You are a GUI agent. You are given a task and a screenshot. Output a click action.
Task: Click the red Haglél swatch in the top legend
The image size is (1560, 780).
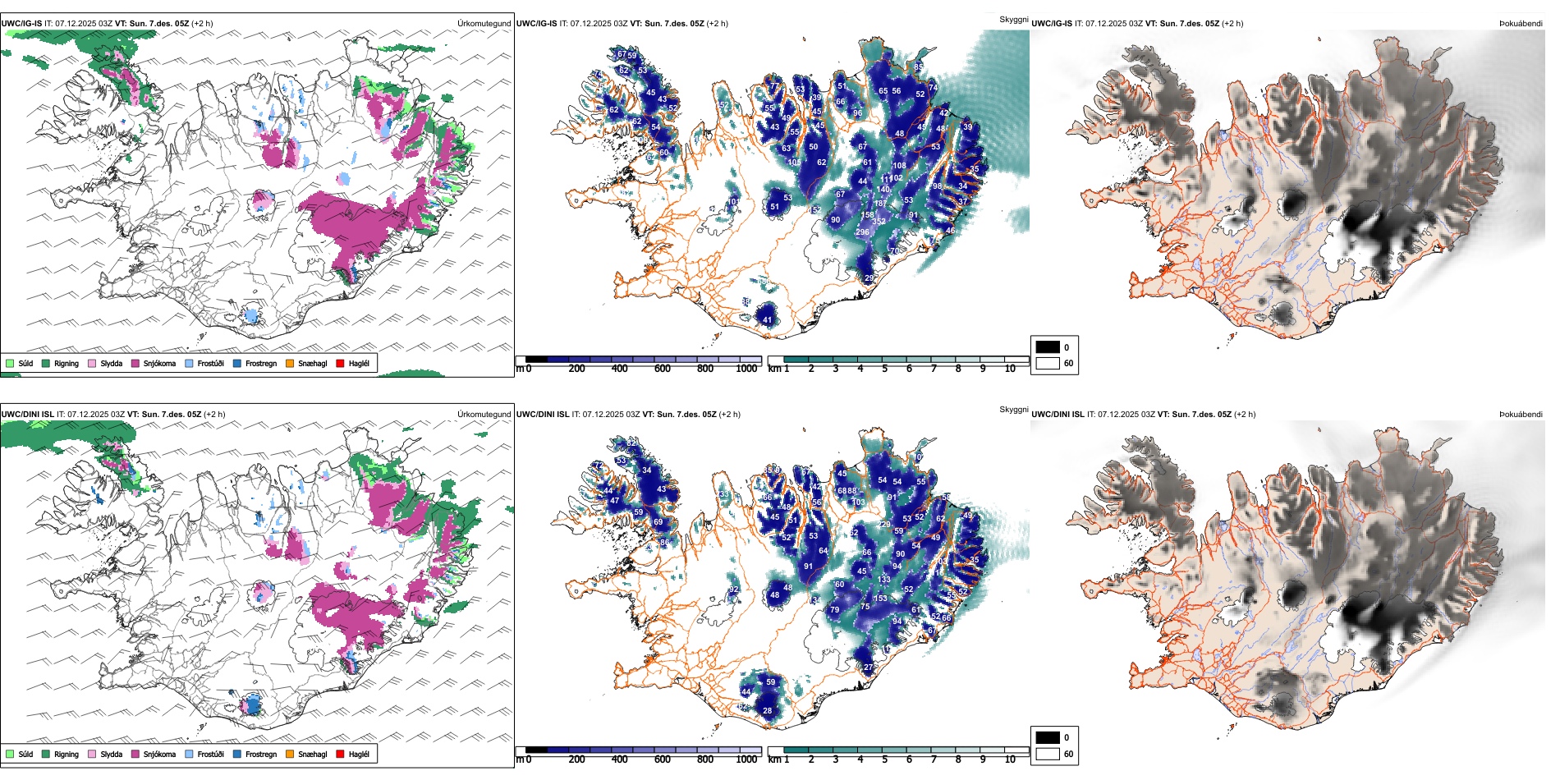[340, 363]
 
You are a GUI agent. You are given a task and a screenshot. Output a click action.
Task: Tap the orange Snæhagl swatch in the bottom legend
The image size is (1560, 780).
[290, 754]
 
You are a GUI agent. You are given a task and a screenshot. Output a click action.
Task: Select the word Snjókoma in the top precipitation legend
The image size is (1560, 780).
[159, 363]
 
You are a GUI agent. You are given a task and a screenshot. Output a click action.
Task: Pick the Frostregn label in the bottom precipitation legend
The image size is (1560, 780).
[260, 754]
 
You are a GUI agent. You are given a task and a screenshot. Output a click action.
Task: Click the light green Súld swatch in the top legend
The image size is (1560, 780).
[10, 363]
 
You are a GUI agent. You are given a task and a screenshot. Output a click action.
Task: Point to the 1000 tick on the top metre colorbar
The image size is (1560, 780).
[746, 369]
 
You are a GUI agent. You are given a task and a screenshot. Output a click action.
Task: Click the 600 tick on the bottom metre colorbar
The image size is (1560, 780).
[663, 759]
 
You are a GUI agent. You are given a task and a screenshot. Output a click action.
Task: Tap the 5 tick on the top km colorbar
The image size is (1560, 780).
[884, 369]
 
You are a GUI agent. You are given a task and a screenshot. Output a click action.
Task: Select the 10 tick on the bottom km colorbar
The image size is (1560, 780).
[1010, 759]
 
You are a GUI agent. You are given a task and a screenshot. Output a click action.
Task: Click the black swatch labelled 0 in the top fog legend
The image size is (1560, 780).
[1048, 347]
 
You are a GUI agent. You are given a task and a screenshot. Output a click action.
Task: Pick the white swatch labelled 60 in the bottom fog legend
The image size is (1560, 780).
[1048, 754]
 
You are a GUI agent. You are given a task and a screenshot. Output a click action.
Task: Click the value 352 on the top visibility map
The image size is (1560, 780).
[879, 222]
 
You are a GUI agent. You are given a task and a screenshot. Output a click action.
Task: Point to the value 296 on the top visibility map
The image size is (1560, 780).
[862, 232]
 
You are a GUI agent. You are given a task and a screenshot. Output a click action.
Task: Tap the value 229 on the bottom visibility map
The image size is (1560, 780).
[884, 525]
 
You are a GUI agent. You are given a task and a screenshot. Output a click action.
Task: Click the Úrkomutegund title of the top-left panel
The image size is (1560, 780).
[484, 24]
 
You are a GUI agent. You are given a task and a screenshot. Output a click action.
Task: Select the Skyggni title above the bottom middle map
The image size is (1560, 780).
[1013, 410]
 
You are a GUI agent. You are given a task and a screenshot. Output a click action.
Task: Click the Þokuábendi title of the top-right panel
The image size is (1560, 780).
[1521, 24]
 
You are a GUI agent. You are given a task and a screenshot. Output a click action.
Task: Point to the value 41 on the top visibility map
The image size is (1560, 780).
[767, 320]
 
